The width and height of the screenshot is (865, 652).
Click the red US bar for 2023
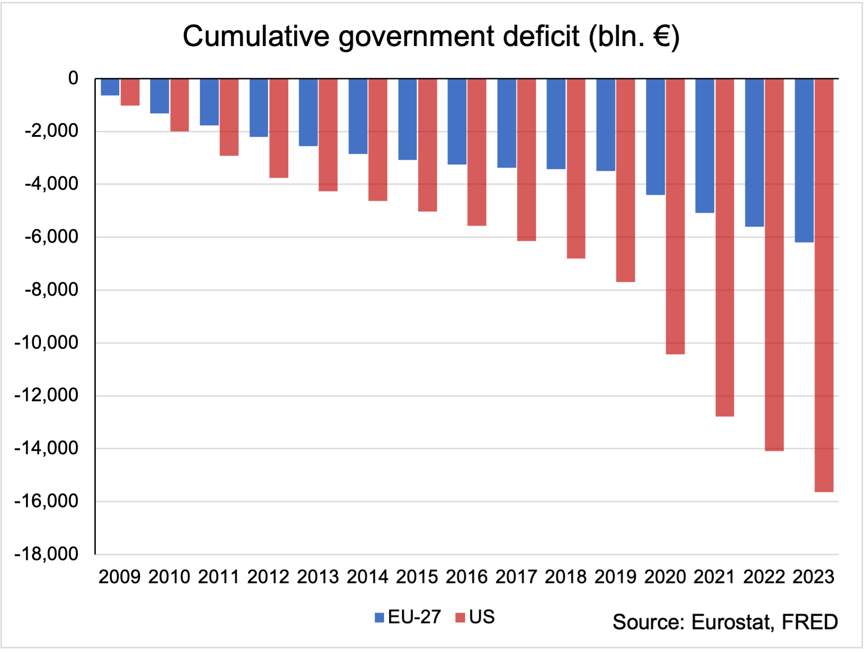click(x=824, y=285)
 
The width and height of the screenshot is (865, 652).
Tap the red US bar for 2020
click(x=675, y=216)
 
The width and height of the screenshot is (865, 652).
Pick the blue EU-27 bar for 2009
click(x=110, y=87)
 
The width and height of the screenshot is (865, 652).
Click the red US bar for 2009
click(x=130, y=92)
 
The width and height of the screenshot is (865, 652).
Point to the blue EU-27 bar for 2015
click(x=407, y=119)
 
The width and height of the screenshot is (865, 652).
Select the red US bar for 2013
click(x=328, y=134)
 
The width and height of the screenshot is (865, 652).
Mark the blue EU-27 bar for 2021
click(x=705, y=146)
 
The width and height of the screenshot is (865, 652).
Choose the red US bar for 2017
click(x=527, y=159)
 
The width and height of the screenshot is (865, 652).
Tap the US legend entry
click(x=475, y=617)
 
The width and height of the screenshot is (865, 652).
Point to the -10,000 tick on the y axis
click(x=46, y=343)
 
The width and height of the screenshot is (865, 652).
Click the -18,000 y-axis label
click(x=46, y=554)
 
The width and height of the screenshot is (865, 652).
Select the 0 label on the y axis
click(x=73, y=78)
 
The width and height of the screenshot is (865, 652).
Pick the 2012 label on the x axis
click(x=268, y=577)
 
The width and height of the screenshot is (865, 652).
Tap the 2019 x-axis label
click(x=615, y=577)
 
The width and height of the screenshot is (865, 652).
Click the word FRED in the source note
click(x=810, y=622)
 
